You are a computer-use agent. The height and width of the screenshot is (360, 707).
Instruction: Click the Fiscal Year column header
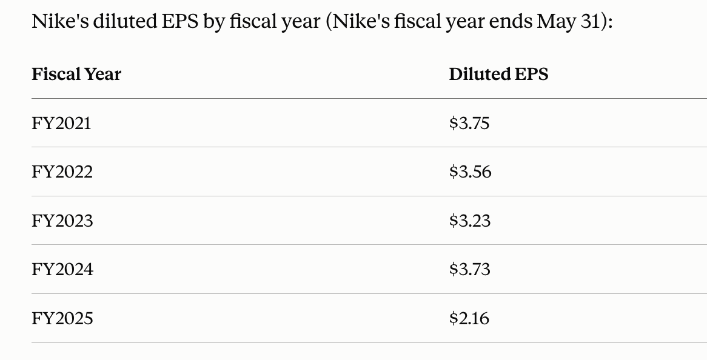(76, 75)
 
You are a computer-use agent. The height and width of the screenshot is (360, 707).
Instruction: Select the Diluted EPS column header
(498, 75)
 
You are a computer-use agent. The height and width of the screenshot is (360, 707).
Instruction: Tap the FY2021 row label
(61, 124)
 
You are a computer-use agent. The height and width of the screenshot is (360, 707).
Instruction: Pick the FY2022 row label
(62, 172)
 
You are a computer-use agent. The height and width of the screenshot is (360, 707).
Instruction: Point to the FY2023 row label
(62, 221)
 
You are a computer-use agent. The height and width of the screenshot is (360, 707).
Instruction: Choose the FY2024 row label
(62, 270)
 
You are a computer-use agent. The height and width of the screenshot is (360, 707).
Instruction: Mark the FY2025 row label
(62, 319)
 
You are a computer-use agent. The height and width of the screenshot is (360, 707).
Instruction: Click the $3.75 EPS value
(469, 124)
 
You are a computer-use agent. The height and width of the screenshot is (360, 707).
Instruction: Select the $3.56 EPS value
(471, 172)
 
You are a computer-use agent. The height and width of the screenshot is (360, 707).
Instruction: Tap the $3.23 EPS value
(470, 221)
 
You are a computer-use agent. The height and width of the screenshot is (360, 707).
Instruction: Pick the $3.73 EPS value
(470, 270)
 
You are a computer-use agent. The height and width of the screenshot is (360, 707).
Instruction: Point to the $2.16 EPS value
(469, 319)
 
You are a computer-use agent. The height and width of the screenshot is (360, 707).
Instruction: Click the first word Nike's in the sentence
(60, 21)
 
